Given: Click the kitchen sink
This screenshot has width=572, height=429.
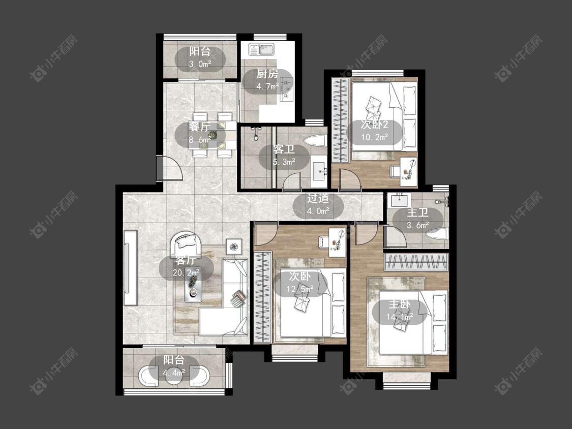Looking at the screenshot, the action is [261, 49].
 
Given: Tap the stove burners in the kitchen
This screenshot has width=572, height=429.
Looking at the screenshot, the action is [287, 91].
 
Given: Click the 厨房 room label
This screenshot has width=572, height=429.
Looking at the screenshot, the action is [267, 74].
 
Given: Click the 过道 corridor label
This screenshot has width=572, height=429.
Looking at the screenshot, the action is [318, 198].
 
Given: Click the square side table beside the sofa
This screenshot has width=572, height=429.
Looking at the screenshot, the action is [234, 247].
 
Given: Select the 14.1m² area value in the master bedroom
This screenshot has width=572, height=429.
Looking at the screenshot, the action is [400, 316].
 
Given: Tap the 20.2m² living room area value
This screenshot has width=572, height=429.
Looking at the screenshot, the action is [187, 272].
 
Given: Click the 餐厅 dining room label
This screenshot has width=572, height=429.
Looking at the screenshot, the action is [199, 127].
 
